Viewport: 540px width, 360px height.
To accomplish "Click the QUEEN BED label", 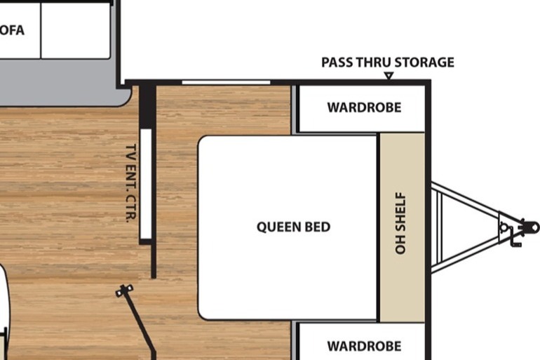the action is pyautogui.click(x=293, y=227).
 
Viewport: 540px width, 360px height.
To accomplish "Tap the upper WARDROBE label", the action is pyautogui.click(x=365, y=107).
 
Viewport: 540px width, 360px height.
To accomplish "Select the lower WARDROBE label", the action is pyautogui.click(x=365, y=346).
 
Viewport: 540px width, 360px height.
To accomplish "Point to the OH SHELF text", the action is pyautogui.click(x=401, y=223).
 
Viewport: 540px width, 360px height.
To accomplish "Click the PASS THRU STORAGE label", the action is pyautogui.click(x=388, y=62).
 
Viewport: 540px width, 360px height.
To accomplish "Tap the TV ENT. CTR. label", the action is pyautogui.click(x=131, y=183).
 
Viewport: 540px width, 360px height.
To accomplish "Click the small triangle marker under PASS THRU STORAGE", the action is pyautogui.click(x=389, y=76).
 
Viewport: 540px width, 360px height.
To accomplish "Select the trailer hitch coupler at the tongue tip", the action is pyautogui.click(x=530, y=227).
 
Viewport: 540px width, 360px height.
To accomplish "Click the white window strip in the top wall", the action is pyautogui.click(x=226, y=82).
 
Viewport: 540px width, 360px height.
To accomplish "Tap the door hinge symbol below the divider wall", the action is pyautogui.click(x=124, y=291).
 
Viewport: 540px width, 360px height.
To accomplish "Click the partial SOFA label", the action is pyautogui.click(x=12, y=30).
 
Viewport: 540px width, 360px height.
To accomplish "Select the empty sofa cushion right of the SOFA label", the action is pyautogui.click(x=76, y=31).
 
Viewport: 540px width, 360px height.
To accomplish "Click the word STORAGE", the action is pyautogui.click(x=424, y=62).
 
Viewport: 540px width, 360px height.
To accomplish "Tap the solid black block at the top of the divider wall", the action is pyautogui.click(x=147, y=106).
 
